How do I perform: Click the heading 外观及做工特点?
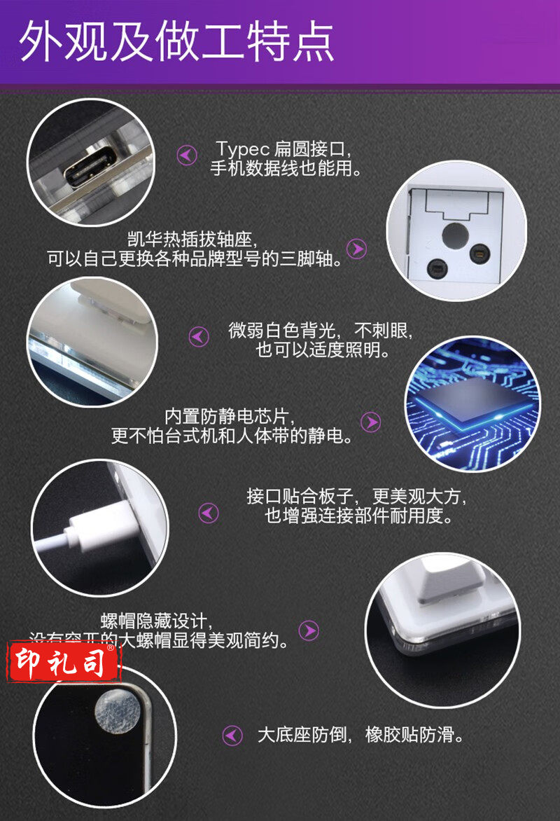click(x=176, y=43)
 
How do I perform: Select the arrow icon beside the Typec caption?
click(x=187, y=155)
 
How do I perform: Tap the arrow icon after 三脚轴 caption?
click(x=357, y=249)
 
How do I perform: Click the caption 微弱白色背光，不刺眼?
click(x=321, y=329)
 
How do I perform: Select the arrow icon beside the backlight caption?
click(x=199, y=337)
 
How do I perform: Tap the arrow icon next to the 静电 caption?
click(x=370, y=422)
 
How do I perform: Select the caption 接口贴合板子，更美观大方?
click(x=356, y=497)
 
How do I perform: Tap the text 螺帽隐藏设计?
click(x=155, y=621)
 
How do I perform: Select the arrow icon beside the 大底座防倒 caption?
click(x=232, y=735)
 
